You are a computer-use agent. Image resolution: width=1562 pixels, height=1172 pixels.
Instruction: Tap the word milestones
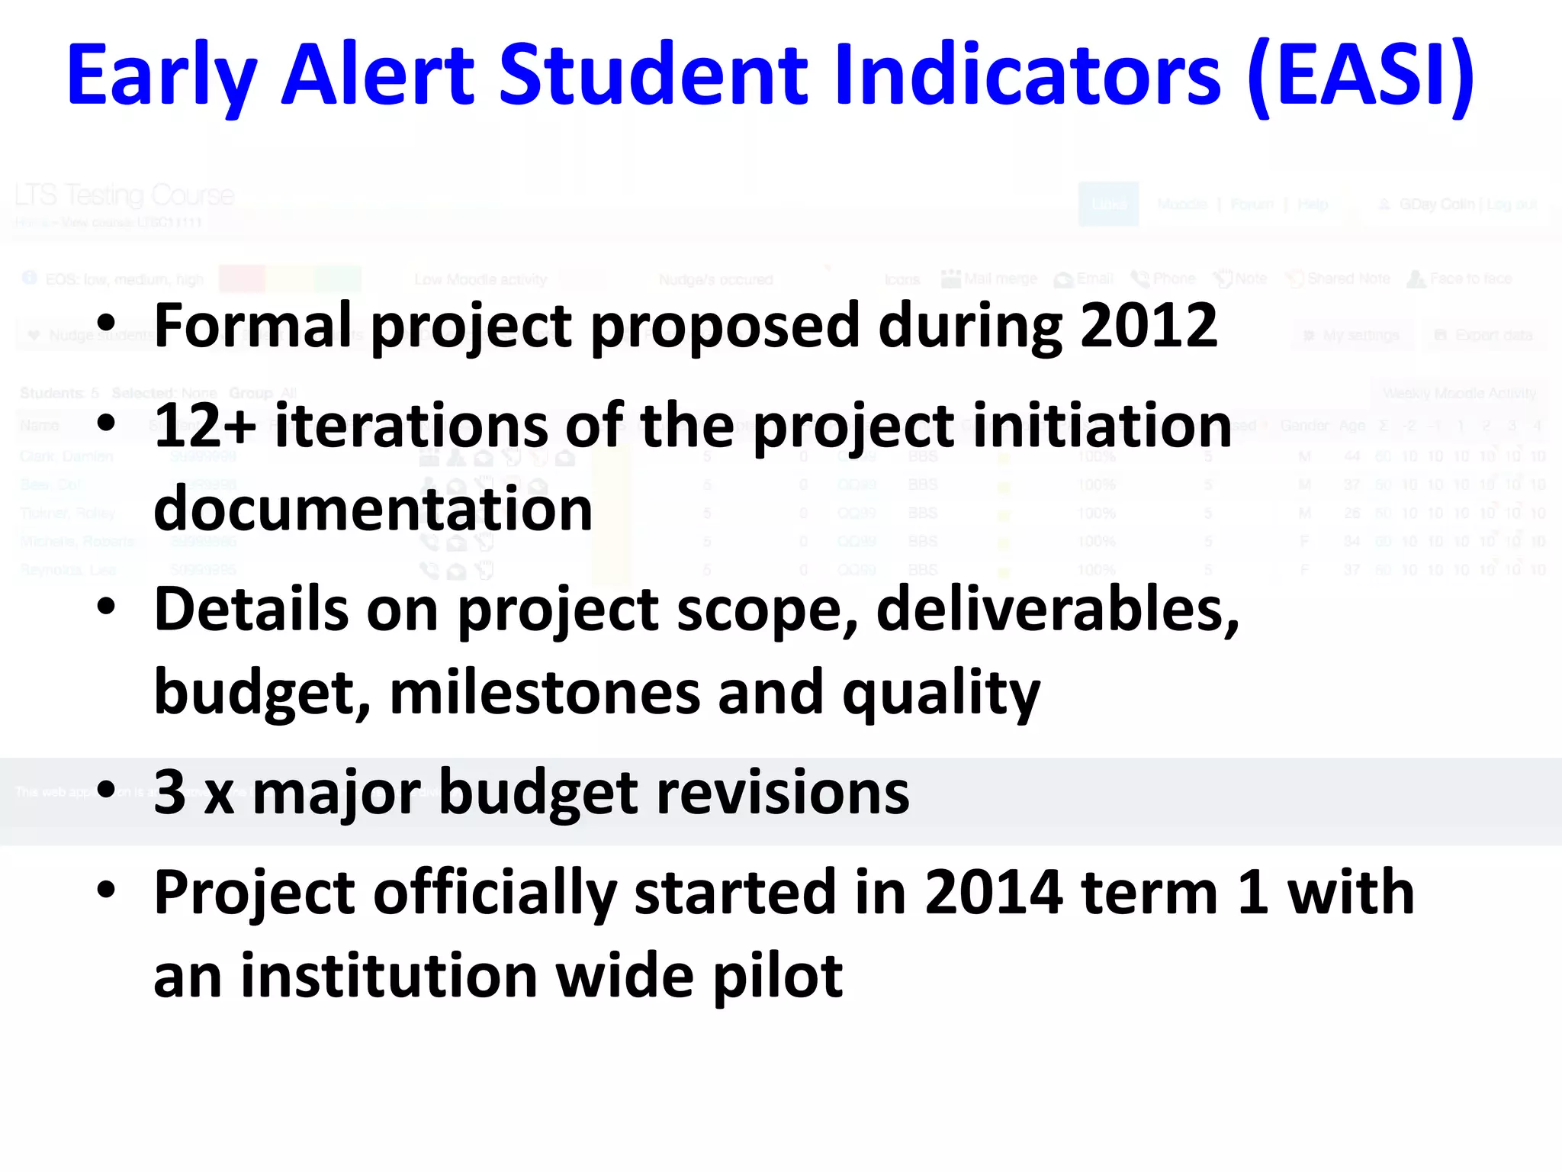[x=545, y=693]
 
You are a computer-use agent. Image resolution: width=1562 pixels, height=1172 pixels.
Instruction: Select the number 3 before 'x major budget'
[x=169, y=792]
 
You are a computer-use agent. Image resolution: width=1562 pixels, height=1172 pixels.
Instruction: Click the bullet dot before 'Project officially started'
[x=106, y=889]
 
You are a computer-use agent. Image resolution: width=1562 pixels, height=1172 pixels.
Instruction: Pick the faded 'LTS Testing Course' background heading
[x=124, y=195]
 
